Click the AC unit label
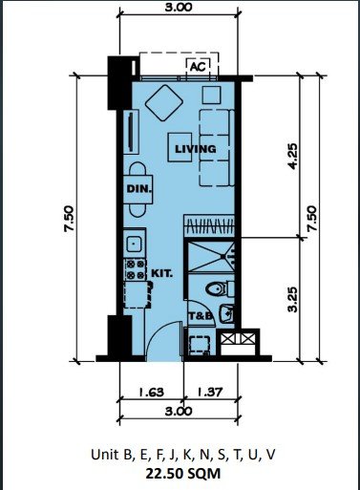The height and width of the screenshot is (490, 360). click(x=198, y=67)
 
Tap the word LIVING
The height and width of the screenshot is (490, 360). click(x=196, y=149)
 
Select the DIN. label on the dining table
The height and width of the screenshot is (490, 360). click(x=138, y=189)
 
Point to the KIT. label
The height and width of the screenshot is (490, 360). click(x=161, y=273)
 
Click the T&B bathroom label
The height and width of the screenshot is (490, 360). click(x=201, y=316)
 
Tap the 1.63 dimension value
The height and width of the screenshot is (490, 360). click(x=151, y=392)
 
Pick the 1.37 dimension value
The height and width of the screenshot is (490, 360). click(x=210, y=392)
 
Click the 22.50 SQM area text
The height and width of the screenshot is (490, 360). click(x=183, y=474)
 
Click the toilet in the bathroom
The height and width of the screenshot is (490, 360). click(x=220, y=289)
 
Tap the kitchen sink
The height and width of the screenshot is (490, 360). click(x=135, y=245)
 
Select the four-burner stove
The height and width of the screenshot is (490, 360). click(x=136, y=269)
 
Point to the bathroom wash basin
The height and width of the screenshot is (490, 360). click(x=226, y=313)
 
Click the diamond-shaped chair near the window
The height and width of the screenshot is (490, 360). click(x=164, y=102)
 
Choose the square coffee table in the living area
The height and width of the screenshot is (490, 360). click(x=180, y=147)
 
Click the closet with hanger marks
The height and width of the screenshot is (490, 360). click(x=210, y=226)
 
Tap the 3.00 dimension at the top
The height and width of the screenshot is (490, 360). click(x=179, y=7)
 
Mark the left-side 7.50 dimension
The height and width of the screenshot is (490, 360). click(x=69, y=219)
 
